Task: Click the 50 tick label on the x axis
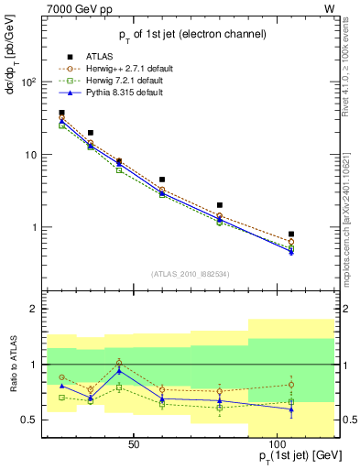click(x=134, y=444)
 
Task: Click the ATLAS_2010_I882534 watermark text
click(x=191, y=274)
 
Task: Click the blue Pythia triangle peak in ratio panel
click(x=119, y=370)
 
